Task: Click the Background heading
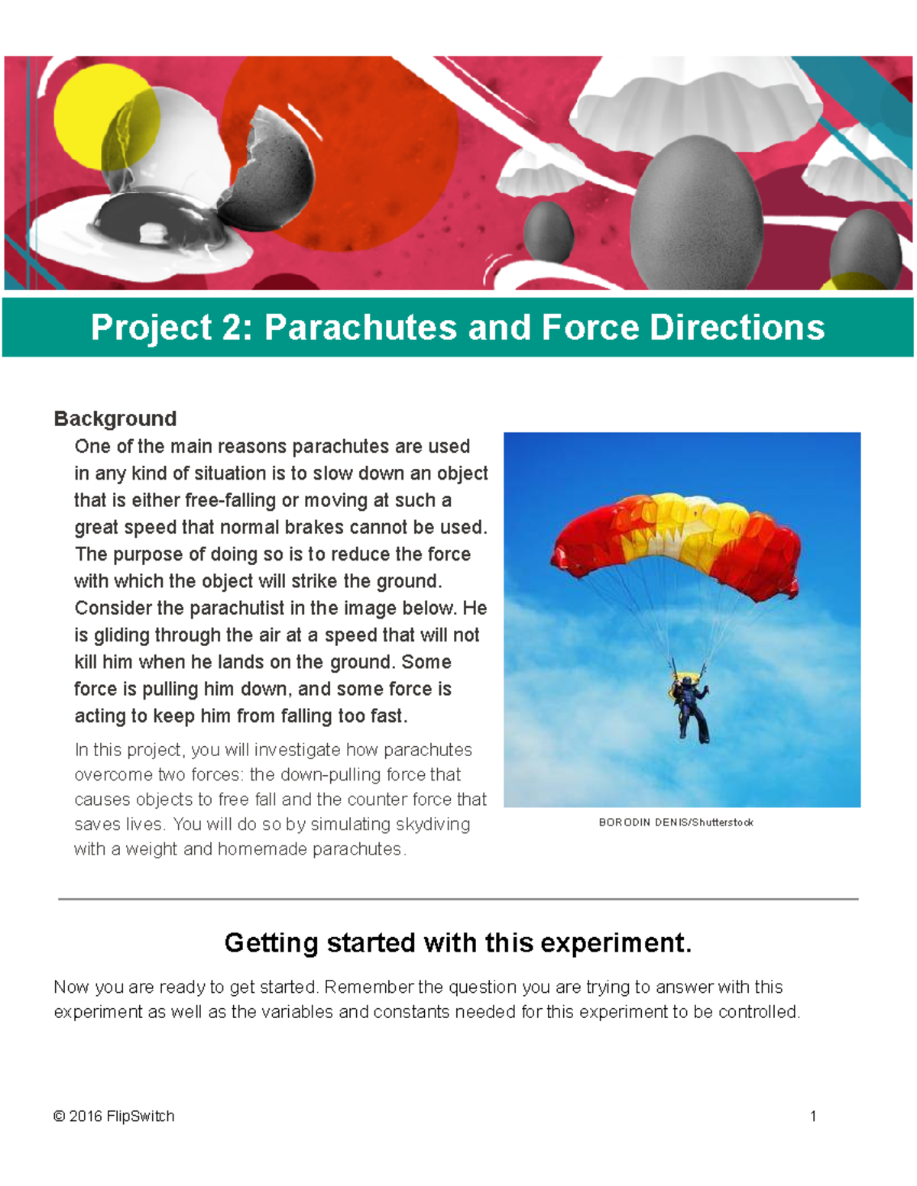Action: [115, 418]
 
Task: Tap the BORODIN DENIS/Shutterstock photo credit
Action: [676, 822]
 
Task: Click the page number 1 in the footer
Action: [813, 1117]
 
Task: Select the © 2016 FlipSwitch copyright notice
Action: [114, 1117]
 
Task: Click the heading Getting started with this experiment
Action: [458, 943]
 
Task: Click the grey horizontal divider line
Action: [458, 899]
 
